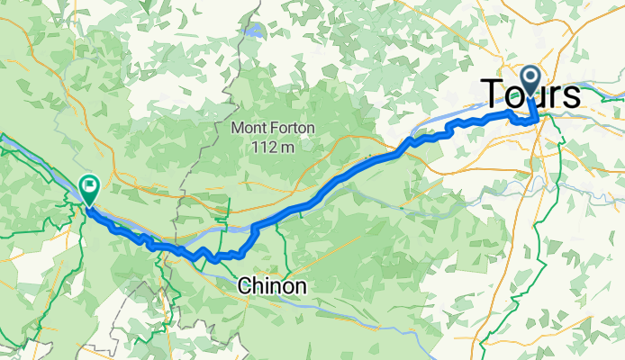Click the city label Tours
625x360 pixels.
pyautogui.click(x=531, y=94)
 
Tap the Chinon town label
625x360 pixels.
pyautogui.click(x=272, y=286)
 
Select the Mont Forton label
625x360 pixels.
pyautogui.click(x=273, y=128)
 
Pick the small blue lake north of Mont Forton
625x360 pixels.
pyautogui.click(x=256, y=31)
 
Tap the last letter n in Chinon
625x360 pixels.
pyautogui.click(x=300, y=286)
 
